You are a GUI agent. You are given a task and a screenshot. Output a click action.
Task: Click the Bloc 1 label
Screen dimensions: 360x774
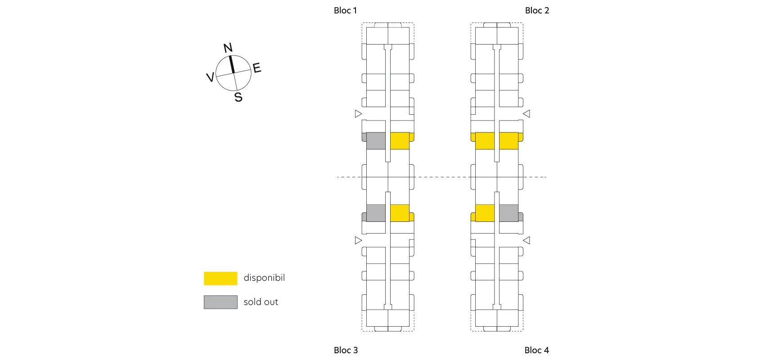(x=345, y=10)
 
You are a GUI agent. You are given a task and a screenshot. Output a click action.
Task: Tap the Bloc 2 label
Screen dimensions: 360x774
(x=537, y=10)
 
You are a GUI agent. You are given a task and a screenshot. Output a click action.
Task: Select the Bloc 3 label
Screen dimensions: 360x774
(x=346, y=350)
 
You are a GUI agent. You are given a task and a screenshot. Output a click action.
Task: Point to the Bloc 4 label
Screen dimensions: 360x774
(x=536, y=350)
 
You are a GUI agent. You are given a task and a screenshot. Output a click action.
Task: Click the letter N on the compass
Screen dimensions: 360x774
(x=228, y=48)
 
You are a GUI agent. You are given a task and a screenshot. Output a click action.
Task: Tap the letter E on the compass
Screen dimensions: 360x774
(x=257, y=68)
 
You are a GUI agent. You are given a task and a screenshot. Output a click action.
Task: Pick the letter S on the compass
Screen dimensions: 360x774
(x=238, y=97)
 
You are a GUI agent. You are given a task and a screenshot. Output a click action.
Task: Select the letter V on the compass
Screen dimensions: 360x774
(x=210, y=77)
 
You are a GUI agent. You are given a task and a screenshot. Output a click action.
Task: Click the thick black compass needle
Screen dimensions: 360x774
(x=232, y=64)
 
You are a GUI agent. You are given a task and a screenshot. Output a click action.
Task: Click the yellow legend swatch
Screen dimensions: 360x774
(x=220, y=278)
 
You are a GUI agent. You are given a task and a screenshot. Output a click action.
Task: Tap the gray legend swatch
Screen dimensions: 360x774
(x=220, y=302)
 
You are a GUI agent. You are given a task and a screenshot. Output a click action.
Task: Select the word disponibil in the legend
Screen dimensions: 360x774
(x=264, y=278)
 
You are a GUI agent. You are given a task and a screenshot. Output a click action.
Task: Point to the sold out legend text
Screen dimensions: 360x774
(x=261, y=302)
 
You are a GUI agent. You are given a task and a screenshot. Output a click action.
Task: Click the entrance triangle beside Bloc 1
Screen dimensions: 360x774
(x=358, y=114)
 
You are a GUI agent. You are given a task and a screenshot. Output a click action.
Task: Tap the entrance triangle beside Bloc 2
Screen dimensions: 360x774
(x=526, y=114)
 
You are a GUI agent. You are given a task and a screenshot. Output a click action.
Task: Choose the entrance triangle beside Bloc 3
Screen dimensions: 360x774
(x=358, y=240)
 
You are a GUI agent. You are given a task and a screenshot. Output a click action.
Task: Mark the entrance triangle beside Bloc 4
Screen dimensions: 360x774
(x=526, y=240)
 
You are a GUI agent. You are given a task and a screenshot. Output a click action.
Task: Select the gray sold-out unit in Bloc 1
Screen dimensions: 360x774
(x=376, y=141)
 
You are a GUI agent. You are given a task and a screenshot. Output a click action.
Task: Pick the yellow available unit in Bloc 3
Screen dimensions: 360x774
(x=400, y=213)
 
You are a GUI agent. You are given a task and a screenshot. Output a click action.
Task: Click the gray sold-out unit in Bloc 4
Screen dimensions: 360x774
(x=508, y=213)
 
